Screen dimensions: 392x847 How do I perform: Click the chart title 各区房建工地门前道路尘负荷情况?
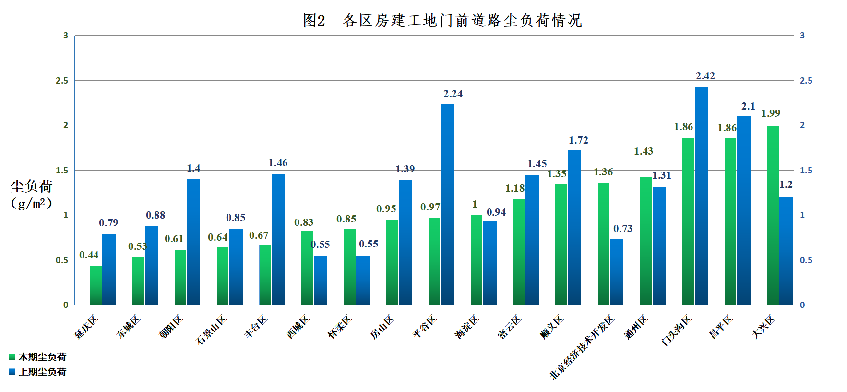point(442,20)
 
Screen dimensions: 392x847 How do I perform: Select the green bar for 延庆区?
point(96,285)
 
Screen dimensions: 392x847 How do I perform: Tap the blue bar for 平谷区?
point(447,204)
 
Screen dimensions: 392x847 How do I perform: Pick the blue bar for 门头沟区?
point(701,196)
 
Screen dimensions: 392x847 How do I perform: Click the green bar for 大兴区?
point(773,215)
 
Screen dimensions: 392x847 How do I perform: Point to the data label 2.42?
point(705,76)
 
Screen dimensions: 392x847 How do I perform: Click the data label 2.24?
point(453,94)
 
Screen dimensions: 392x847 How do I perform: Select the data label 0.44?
point(89,255)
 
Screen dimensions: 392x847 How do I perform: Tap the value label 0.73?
point(623,229)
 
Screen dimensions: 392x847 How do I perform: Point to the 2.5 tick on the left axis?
point(62,81)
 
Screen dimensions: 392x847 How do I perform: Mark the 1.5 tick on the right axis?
point(806,171)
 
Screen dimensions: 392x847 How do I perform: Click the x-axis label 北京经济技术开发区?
point(582,347)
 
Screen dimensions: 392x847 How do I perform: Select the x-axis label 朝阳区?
point(171,327)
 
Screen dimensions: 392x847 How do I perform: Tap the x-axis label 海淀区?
point(467,327)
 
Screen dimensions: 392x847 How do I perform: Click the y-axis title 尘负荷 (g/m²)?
point(31,195)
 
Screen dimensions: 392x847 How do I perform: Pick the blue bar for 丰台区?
point(278,239)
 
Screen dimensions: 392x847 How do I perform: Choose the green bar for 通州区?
point(646,241)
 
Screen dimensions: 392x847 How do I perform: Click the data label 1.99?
point(771,113)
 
